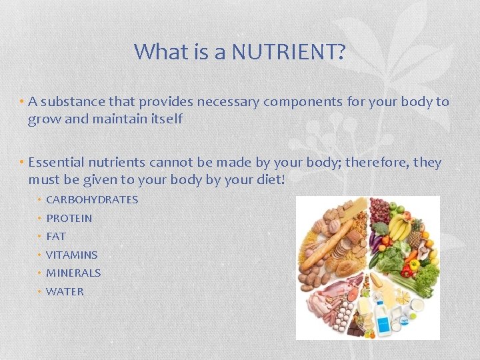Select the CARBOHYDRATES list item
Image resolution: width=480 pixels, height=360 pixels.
pos(92,199)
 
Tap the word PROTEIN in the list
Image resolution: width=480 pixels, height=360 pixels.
pos(69,218)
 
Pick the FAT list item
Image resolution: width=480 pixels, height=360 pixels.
pos(56,236)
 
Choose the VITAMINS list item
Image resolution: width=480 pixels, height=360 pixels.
pos(71,255)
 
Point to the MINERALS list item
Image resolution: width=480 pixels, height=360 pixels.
pos(73,273)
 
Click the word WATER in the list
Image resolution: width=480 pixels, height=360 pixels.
pos(65,291)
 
